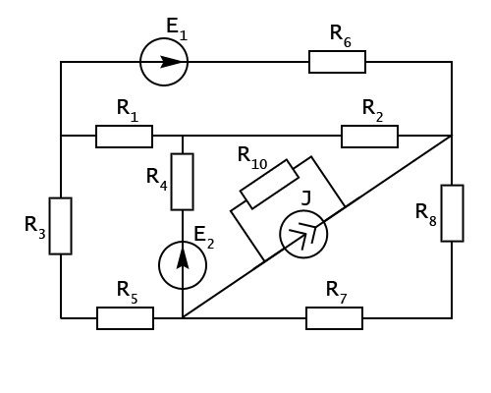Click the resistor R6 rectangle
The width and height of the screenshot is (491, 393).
337,62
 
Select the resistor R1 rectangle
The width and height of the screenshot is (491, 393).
124,137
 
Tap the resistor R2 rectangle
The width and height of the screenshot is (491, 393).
369,137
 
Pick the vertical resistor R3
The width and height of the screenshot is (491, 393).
61,226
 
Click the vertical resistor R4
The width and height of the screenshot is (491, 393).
183,182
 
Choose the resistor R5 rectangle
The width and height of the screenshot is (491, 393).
125,318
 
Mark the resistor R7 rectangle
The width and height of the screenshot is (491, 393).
334,318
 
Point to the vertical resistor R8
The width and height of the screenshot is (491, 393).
452,213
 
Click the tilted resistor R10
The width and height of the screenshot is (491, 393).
269,184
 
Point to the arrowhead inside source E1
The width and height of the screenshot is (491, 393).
170,62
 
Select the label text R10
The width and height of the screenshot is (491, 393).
252,158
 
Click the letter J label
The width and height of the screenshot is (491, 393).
305,197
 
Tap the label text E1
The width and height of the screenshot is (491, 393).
177,29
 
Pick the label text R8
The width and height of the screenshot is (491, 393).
426,215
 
